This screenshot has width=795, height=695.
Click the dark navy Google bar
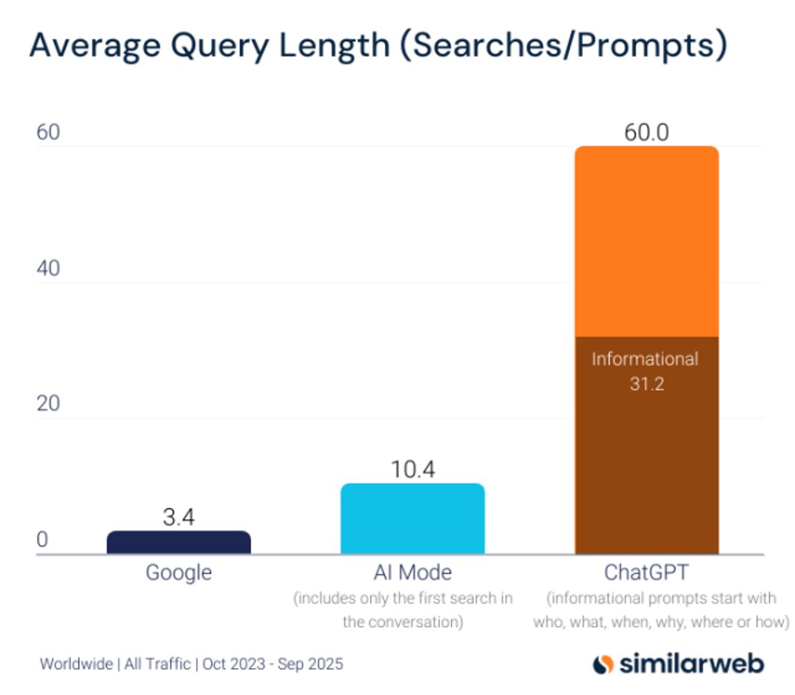[x=179, y=543]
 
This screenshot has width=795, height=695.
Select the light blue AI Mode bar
[x=413, y=519]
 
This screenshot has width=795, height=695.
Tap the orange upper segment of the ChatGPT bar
[x=647, y=242]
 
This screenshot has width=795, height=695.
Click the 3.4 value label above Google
[x=179, y=518]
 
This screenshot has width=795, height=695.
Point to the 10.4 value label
[x=413, y=470]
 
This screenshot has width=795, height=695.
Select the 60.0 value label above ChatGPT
[x=647, y=133]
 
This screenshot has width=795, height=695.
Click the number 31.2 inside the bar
[x=647, y=383]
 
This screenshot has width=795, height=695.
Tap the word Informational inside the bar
[x=645, y=359]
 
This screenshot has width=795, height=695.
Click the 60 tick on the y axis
[x=48, y=133]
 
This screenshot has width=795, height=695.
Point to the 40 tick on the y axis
[x=48, y=269]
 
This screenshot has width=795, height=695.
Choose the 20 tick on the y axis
[x=48, y=404]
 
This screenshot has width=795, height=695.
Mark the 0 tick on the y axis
[x=42, y=540]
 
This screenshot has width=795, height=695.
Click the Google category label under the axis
[x=179, y=573]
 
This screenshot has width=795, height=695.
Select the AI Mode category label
[x=413, y=573]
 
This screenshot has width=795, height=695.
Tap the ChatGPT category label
[x=647, y=574]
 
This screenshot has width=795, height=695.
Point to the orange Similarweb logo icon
[x=603, y=664]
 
